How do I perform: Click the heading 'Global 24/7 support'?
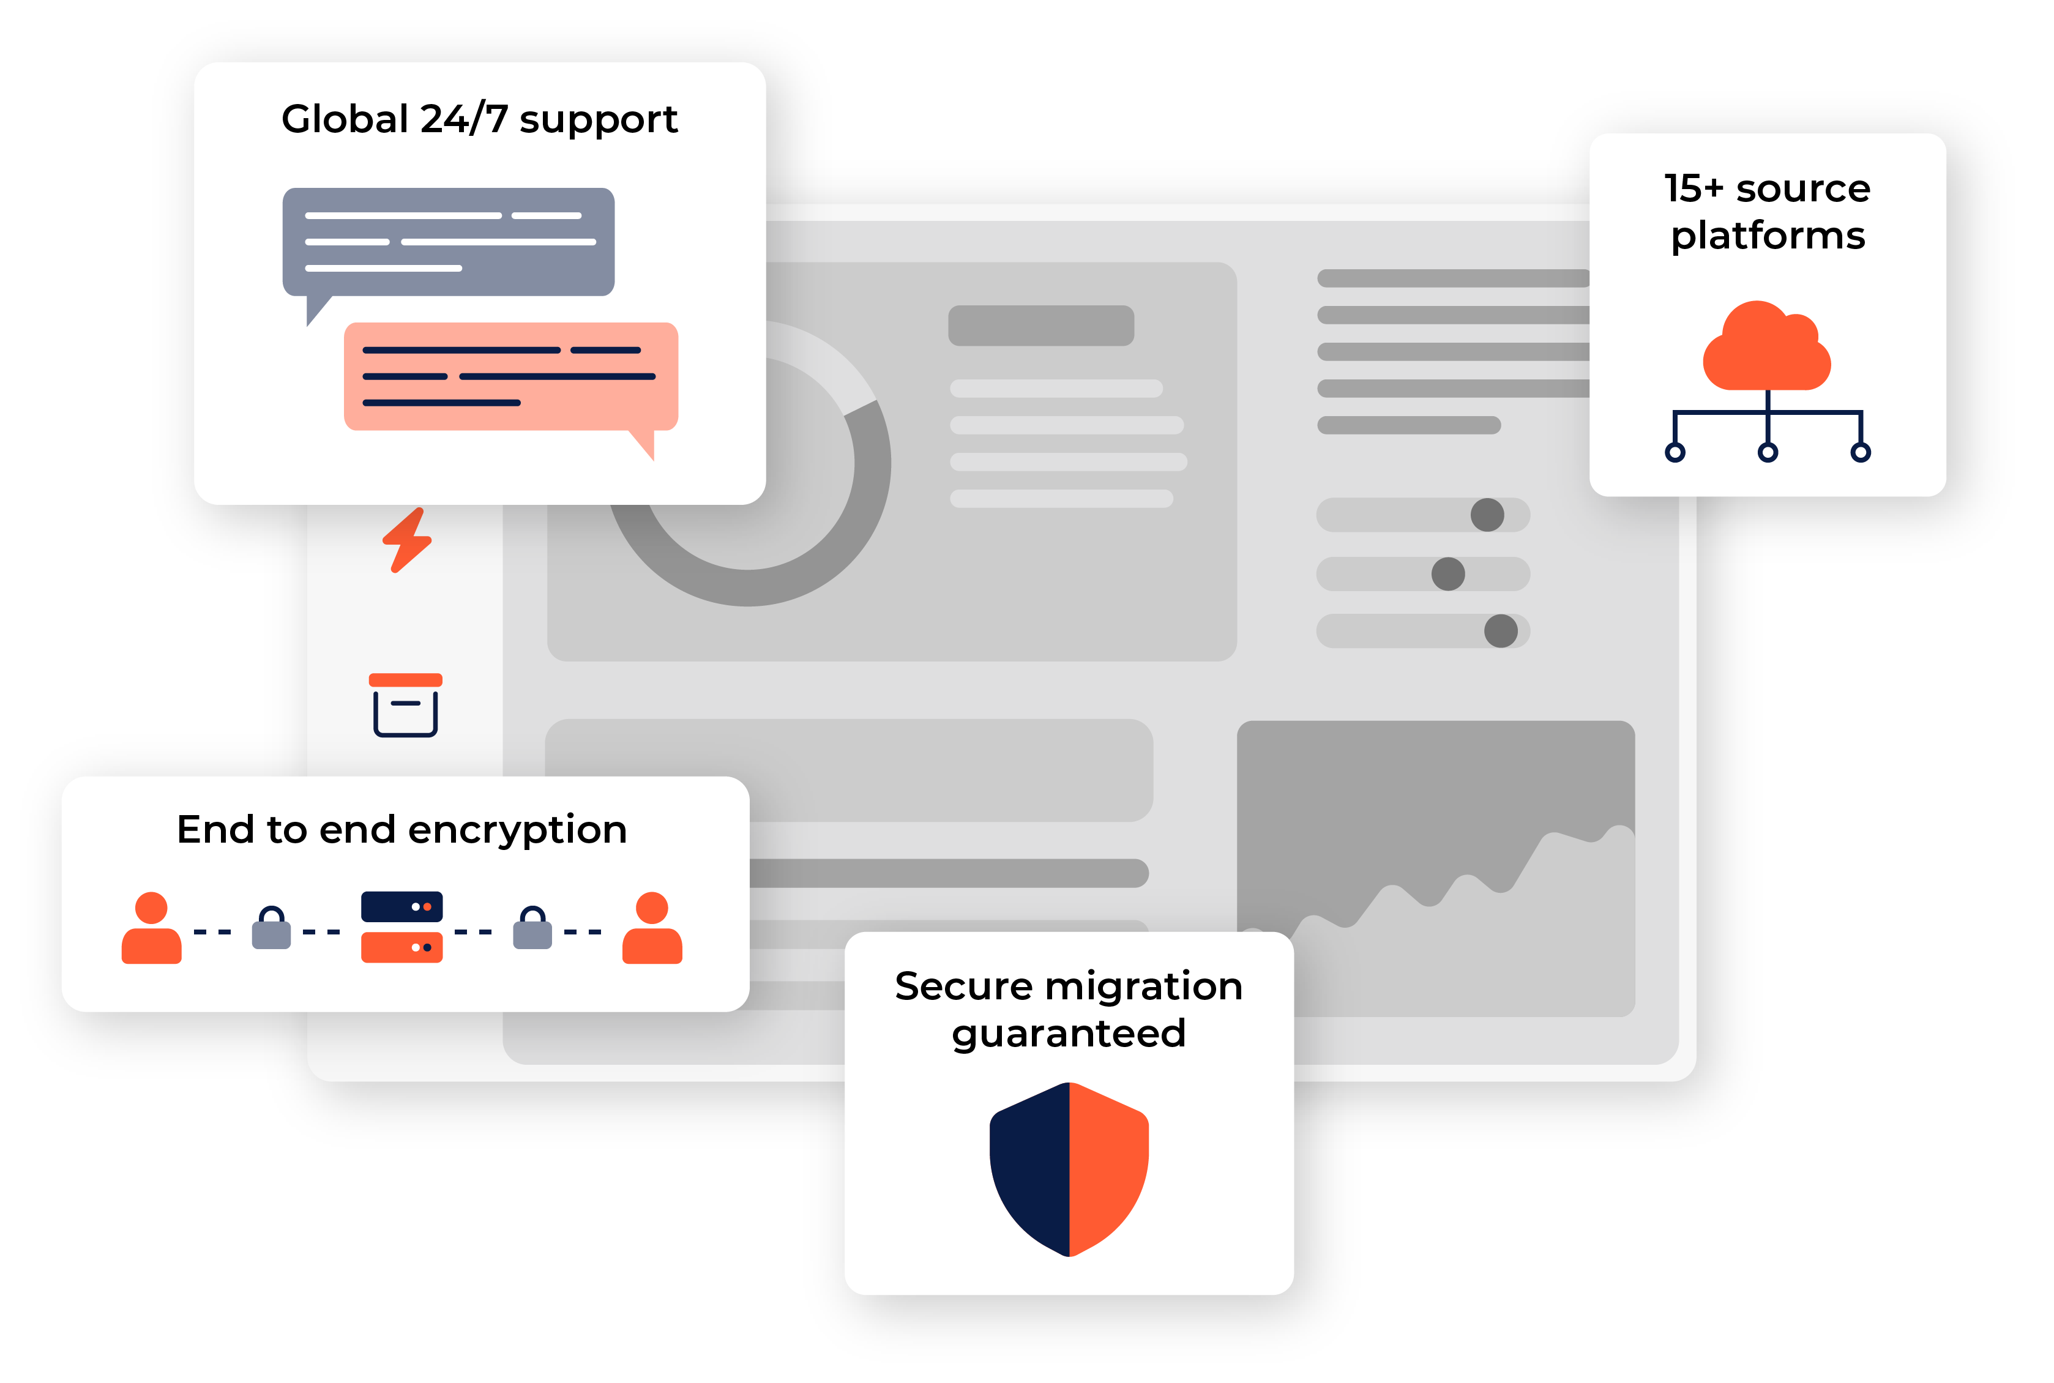point(479,119)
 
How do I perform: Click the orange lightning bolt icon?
point(406,540)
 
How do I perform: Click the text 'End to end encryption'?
point(401,830)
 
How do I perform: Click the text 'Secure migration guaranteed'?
point(1068,1009)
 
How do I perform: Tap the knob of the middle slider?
point(1448,574)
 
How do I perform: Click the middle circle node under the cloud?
point(1768,452)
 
